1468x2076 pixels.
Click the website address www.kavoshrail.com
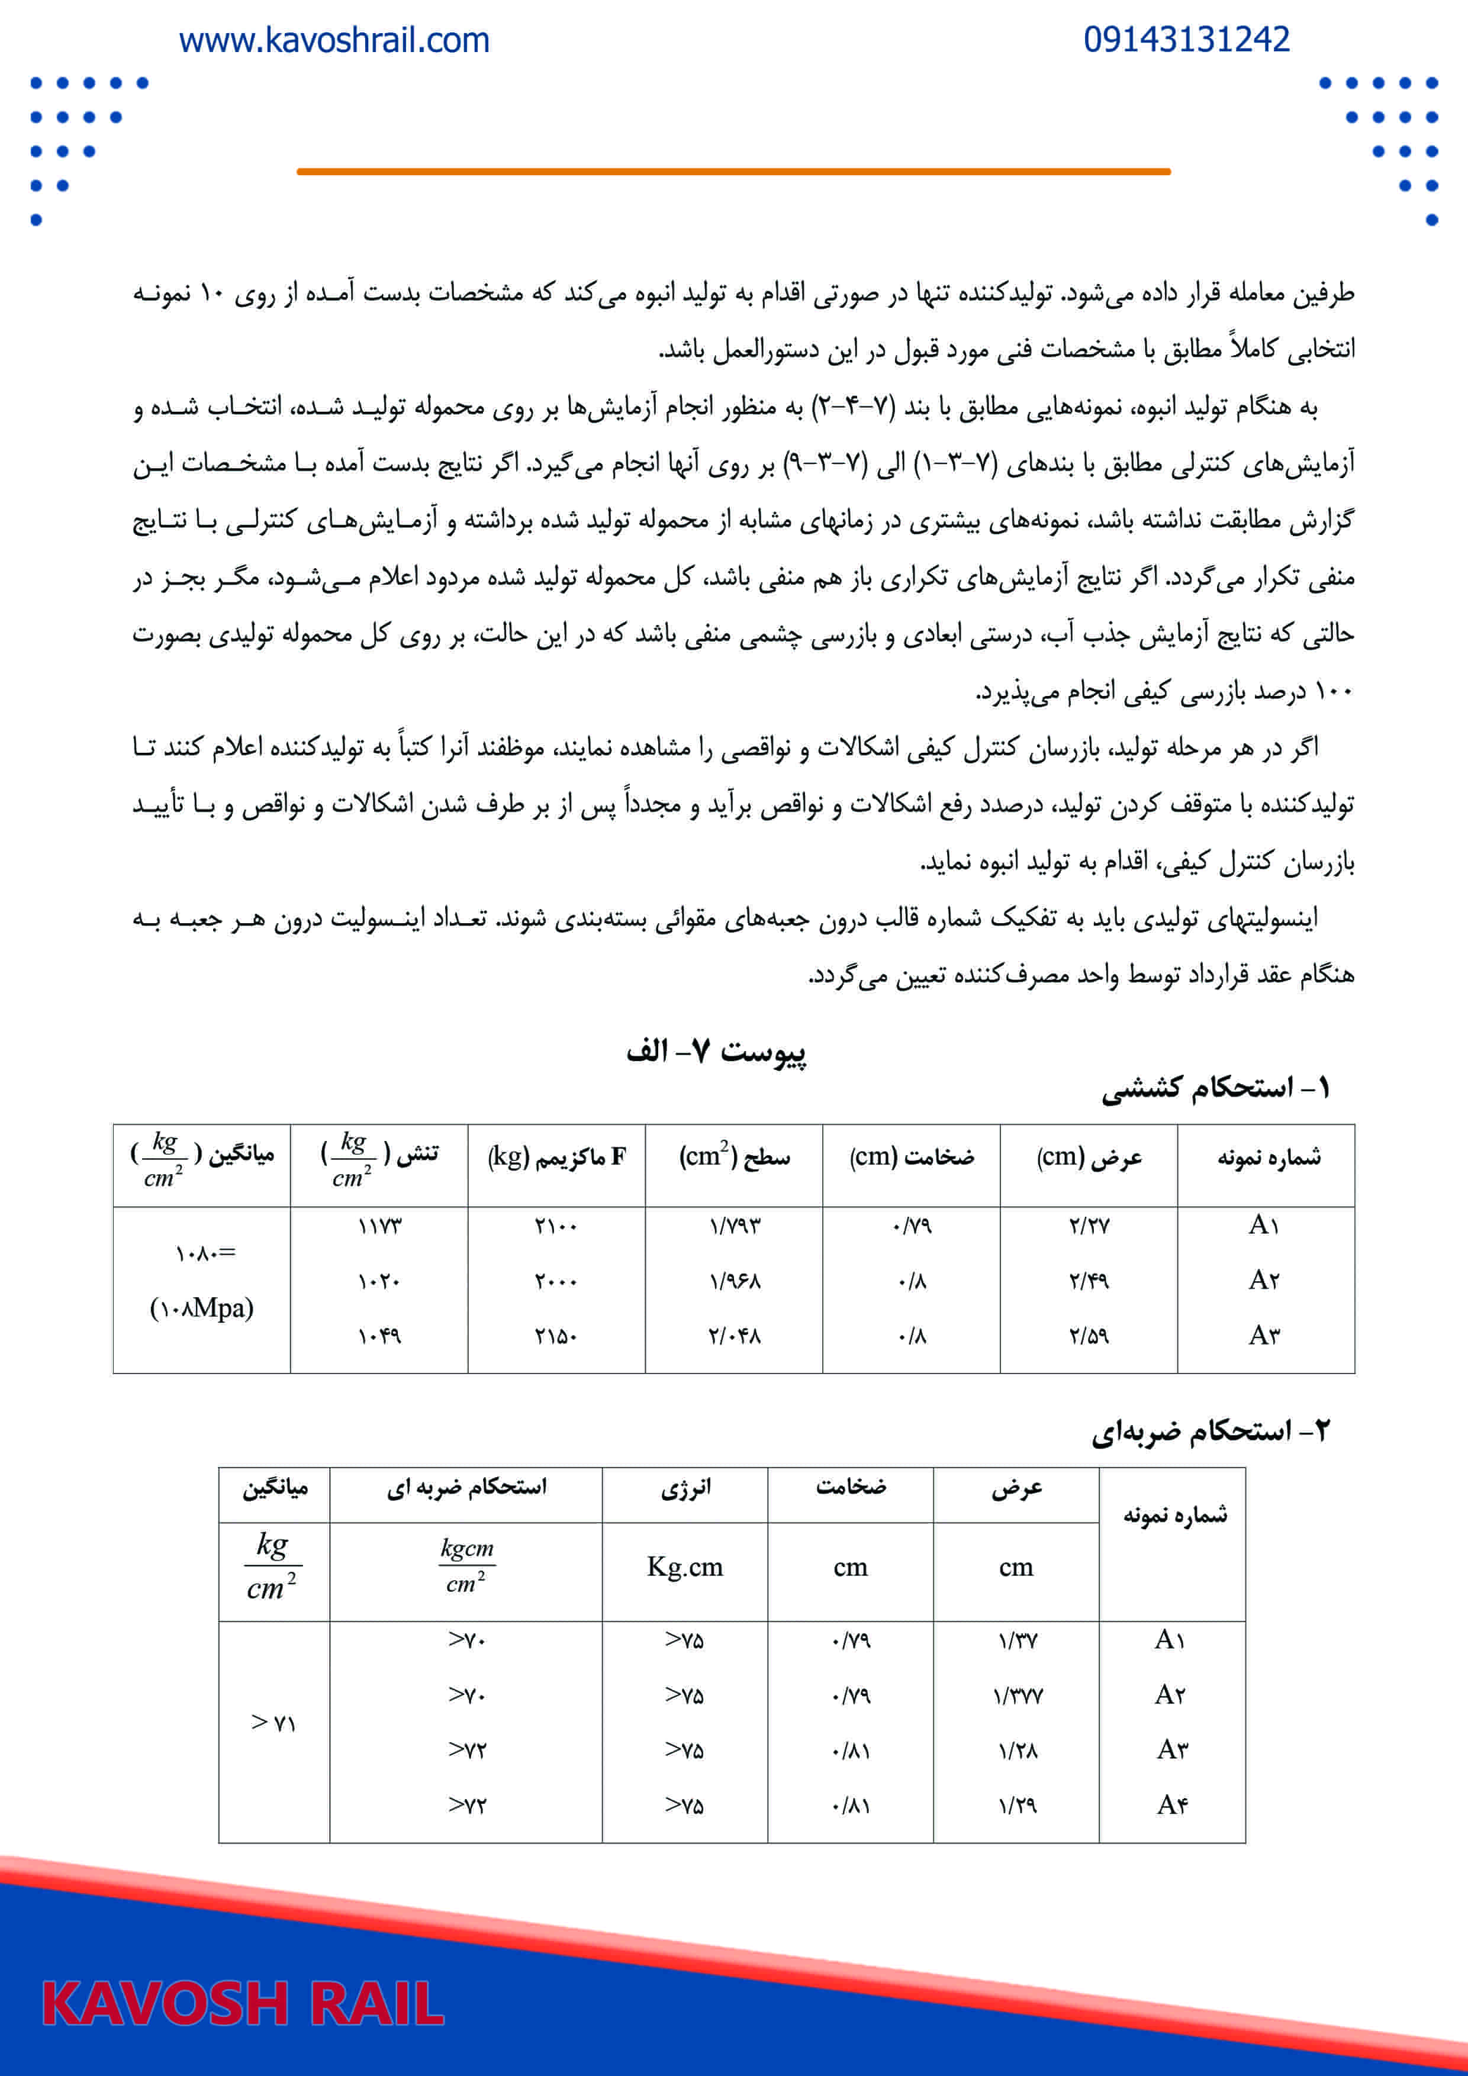[x=334, y=41]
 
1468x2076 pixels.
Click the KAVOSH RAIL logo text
[x=243, y=2003]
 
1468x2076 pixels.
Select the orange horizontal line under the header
[x=733, y=171]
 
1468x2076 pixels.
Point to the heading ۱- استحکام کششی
[x=1215, y=1088]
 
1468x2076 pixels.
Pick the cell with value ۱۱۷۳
[x=379, y=1226]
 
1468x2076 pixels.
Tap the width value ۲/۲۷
[x=1089, y=1226]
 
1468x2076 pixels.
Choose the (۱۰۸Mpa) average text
[x=202, y=1307]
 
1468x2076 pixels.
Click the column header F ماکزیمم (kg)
[x=556, y=1158]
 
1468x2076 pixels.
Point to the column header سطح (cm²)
[x=733, y=1158]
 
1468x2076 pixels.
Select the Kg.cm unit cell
[x=685, y=1567]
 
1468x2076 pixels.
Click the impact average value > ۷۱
[x=273, y=1723]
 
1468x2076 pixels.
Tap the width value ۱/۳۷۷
[x=1018, y=1696]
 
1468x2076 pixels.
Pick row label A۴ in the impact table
[x=1171, y=1806]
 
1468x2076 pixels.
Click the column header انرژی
[x=685, y=1487]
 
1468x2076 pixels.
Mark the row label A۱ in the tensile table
[x=1264, y=1226]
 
